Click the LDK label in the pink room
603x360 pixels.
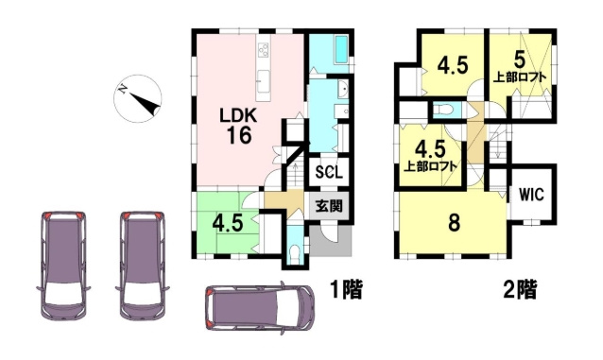[238, 115]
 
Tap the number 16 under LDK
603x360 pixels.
[239, 135]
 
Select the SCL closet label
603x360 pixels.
[329, 172]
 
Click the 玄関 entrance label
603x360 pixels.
[329, 207]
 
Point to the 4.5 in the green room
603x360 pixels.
[228, 223]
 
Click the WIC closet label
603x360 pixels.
[532, 195]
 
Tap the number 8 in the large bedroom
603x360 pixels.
[455, 223]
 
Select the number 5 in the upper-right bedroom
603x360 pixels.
[519, 60]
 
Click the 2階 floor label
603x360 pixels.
[521, 289]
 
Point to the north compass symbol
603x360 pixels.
[138, 98]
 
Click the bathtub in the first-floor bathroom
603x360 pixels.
[341, 49]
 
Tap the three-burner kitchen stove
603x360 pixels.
[264, 50]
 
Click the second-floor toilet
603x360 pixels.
[442, 110]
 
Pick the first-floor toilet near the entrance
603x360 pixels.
[295, 254]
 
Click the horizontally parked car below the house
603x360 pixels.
[259, 307]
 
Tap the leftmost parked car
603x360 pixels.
[63, 266]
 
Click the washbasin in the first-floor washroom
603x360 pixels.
[343, 90]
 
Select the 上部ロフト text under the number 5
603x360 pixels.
[520, 77]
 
